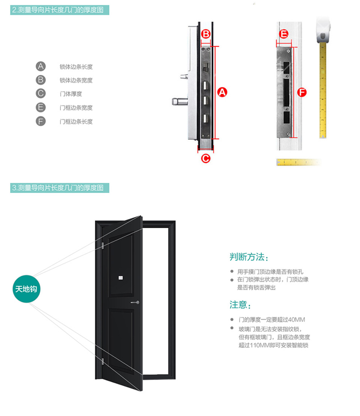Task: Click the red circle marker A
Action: point(222,92)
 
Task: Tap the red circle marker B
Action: point(206,34)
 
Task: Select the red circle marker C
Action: point(206,159)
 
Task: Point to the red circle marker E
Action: point(284,34)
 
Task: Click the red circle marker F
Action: point(302,92)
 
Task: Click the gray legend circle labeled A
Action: point(40,66)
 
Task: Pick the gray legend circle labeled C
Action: point(40,93)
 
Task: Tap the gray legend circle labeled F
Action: point(40,121)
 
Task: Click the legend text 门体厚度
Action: point(70,94)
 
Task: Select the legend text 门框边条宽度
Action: point(76,108)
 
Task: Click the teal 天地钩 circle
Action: point(26,289)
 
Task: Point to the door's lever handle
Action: point(135,302)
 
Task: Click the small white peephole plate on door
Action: point(120,277)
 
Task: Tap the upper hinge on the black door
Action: point(102,245)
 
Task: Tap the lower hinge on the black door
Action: point(102,361)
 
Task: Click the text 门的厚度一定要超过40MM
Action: point(271,320)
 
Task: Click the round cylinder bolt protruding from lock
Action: point(180,102)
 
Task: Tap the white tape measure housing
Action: point(323,29)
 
